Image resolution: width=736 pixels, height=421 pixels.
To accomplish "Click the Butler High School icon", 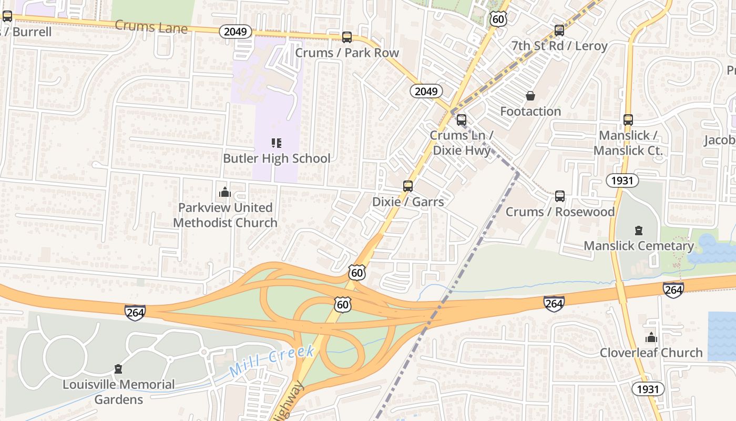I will [x=277, y=143].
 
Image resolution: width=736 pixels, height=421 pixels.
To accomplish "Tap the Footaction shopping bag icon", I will [x=530, y=96].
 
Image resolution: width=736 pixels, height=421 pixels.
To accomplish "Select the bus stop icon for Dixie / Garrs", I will [x=408, y=186].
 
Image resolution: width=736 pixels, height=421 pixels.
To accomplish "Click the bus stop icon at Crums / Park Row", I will [x=346, y=37].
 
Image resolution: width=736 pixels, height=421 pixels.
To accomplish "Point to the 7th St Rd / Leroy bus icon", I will [x=559, y=31].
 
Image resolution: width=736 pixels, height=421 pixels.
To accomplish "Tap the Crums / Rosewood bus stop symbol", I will [x=560, y=196].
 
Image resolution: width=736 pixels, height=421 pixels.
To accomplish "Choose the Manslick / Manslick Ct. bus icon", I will [x=628, y=120].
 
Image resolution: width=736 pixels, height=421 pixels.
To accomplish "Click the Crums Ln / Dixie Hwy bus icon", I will [x=461, y=120].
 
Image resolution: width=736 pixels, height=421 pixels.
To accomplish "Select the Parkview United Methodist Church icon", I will [x=225, y=192].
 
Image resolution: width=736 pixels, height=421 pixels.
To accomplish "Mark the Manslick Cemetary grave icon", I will [x=639, y=230].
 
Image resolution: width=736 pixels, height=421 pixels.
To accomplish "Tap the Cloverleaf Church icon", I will [x=651, y=337].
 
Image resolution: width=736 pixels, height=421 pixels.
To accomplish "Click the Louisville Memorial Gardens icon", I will [x=118, y=369].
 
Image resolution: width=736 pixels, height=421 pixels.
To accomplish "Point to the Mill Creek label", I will [x=272, y=361].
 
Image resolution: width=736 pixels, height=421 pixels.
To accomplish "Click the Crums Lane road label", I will [x=151, y=27].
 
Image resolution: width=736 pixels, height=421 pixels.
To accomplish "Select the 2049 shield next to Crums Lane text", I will [x=235, y=32].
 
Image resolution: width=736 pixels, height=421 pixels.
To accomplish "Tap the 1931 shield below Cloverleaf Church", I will [x=648, y=389].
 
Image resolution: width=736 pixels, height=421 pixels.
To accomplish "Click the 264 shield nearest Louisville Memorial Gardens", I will [x=135, y=312].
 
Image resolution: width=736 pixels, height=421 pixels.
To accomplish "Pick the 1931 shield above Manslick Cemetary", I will [x=622, y=181].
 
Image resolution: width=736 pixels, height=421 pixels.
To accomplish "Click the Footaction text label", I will [x=530, y=112].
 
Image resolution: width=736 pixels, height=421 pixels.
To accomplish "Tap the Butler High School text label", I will [x=277, y=158].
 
